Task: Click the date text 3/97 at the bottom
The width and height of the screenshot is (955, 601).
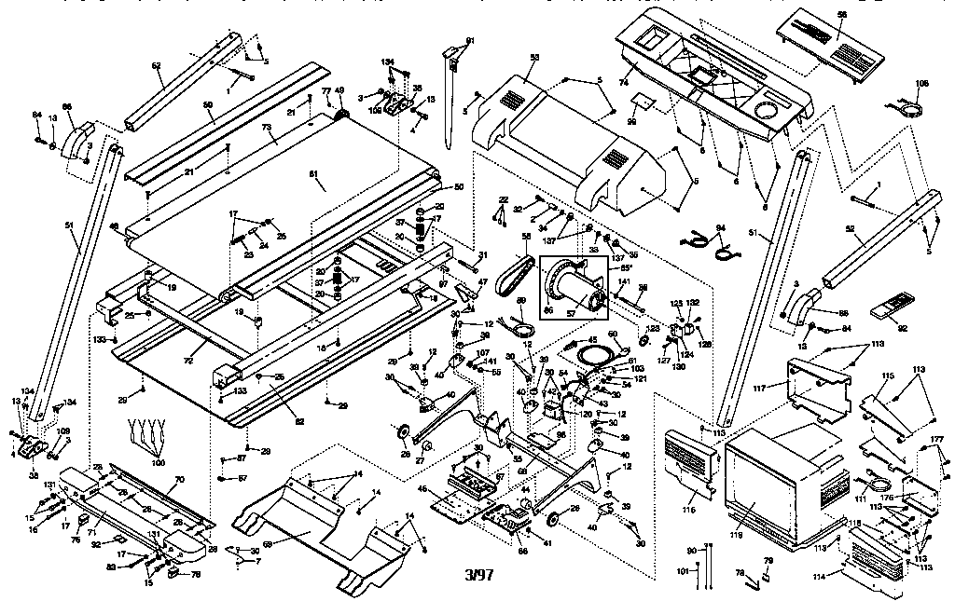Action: point(478,575)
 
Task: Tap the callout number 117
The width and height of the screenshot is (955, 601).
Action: point(761,388)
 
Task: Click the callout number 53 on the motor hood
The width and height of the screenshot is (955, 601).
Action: point(534,58)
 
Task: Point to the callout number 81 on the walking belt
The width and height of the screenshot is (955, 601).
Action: point(312,174)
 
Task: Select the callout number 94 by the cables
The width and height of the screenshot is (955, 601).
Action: point(720,227)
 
